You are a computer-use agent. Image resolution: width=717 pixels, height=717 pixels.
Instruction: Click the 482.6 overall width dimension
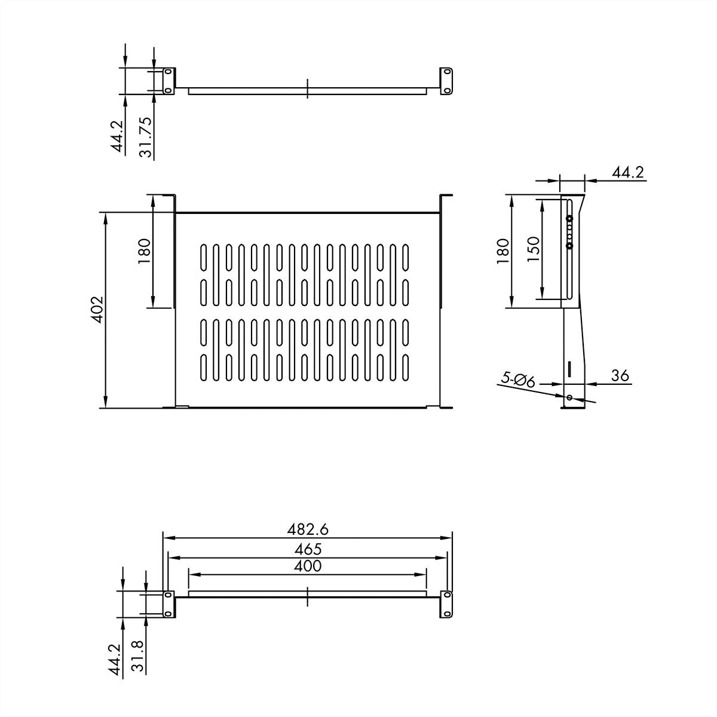coord(308,529)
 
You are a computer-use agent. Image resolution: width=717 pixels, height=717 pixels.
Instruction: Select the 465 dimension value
coord(308,549)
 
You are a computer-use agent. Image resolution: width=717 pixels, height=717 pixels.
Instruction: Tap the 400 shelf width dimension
coord(308,566)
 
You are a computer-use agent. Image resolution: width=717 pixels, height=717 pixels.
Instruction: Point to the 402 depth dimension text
coord(97,309)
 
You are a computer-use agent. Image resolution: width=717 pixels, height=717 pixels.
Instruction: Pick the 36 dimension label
coord(620,376)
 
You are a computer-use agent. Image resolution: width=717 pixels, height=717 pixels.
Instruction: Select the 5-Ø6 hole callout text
coord(517,380)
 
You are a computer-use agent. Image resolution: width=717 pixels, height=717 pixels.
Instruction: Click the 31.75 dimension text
coord(145,137)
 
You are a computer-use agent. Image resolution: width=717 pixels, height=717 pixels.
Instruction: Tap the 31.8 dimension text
coord(137,657)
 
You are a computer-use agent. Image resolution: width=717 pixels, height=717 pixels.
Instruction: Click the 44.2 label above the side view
coord(627,173)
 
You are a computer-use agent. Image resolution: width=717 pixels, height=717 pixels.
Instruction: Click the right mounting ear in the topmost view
coord(446,80)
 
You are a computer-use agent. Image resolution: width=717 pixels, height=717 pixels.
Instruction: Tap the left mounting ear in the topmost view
coord(168,80)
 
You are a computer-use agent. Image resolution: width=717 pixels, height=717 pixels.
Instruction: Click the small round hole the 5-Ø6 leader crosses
coord(569,397)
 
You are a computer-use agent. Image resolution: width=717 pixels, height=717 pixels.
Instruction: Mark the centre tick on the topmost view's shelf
coord(307,87)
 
